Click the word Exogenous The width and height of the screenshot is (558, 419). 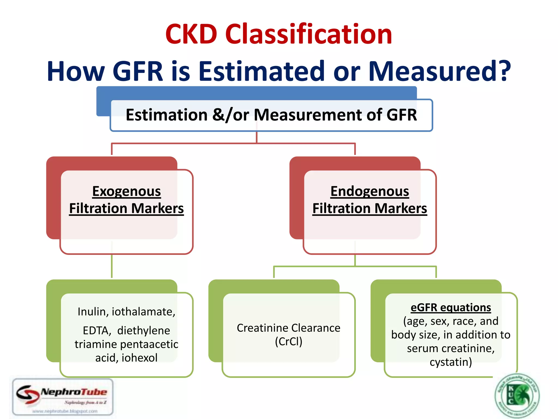pyautogui.click(x=126, y=191)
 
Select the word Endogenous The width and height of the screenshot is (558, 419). pyautogui.click(x=369, y=191)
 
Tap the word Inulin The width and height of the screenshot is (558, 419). pyautogui.click(x=91, y=312)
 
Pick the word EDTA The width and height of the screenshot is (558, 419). pyautogui.click(x=97, y=331)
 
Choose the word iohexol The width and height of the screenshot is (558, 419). pyautogui.click(x=139, y=358)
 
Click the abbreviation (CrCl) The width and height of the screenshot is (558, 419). pyautogui.click(x=289, y=342)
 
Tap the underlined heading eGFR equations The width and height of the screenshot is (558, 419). pyautogui.click(x=451, y=307)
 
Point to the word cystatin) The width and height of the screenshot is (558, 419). pyautogui.click(x=451, y=362)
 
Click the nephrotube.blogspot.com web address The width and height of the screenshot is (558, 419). pyautogui.click(x=65, y=411)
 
